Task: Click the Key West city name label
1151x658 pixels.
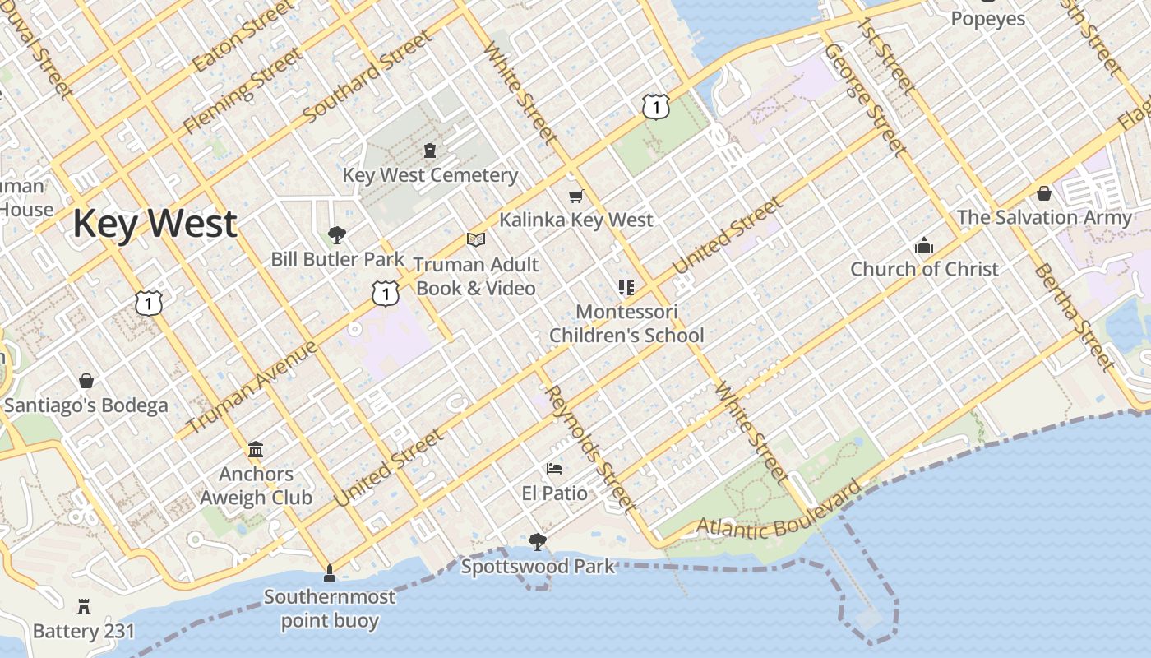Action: coord(155,224)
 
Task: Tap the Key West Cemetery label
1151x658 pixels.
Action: coord(430,175)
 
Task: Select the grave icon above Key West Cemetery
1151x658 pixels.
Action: coord(430,151)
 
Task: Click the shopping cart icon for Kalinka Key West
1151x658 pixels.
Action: coord(576,196)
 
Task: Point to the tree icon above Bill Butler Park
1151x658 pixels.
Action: coord(336,235)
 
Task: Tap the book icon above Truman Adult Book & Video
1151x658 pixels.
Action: coord(476,239)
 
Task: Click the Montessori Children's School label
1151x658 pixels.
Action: coord(626,324)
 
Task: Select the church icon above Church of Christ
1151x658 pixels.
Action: coord(924,245)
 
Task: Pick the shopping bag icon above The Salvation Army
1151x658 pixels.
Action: coord(1044,193)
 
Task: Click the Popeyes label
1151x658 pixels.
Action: coord(988,19)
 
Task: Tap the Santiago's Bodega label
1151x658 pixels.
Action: coord(86,405)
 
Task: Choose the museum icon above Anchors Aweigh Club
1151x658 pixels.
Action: coord(256,449)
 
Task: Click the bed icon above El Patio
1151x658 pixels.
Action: coord(555,469)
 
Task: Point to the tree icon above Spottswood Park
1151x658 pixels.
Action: coord(538,541)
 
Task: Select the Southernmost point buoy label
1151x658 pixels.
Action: coord(330,609)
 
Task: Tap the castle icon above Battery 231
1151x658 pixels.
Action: coord(84,607)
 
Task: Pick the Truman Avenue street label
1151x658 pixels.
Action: coord(252,387)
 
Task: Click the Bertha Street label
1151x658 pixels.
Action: coord(1074,317)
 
